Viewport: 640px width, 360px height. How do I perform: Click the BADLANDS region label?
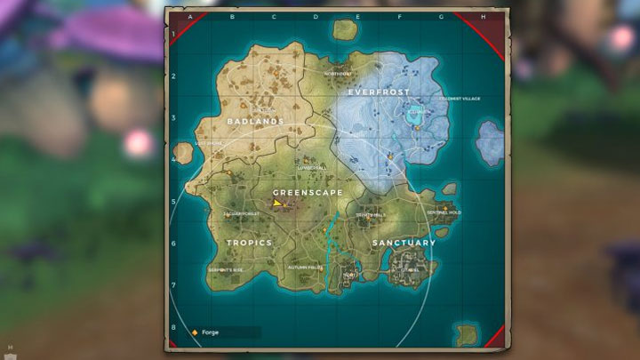pyautogui.click(x=255, y=121)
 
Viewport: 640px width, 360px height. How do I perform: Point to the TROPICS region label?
pyautogui.click(x=249, y=243)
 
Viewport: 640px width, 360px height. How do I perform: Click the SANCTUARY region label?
pyautogui.click(x=404, y=243)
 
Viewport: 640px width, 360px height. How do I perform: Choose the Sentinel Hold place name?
pyautogui.click(x=444, y=213)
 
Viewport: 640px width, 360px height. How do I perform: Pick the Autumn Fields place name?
pyautogui.click(x=304, y=267)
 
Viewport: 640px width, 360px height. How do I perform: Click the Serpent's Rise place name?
pyautogui.click(x=226, y=269)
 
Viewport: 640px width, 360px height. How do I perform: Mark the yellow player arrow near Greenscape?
pyautogui.click(x=278, y=204)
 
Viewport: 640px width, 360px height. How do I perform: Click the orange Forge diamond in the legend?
pyautogui.click(x=195, y=332)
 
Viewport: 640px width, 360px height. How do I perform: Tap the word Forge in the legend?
pyautogui.click(x=210, y=332)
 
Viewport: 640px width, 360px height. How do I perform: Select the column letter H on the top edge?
pyautogui.click(x=483, y=17)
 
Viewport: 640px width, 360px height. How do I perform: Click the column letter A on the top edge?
pyautogui.click(x=190, y=17)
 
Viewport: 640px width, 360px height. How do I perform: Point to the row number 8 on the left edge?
pyautogui.click(x=172, y=327)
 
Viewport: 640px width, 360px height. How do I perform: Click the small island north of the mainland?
pyautogui.click(x=345, y=28)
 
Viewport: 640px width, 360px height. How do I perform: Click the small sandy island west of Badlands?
pyautogui.click(x=184, y=153)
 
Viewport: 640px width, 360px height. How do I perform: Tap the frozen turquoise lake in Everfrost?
pyautogui.click(x=415, y=115)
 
